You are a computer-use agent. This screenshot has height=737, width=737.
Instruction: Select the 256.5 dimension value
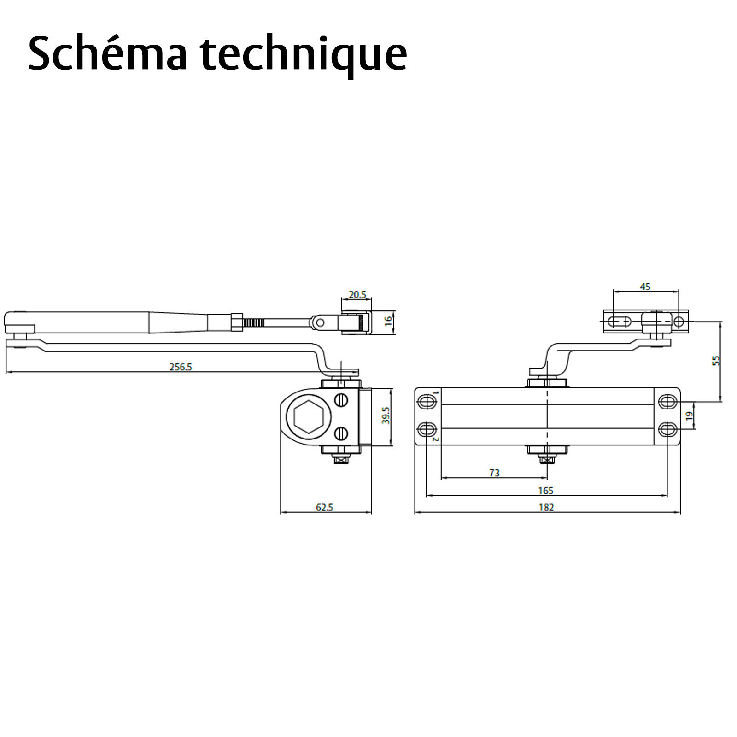tap(181, 367)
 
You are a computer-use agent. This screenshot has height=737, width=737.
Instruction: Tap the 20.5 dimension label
tap(357, 294)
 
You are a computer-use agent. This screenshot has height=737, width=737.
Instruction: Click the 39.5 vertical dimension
tap(386, 415)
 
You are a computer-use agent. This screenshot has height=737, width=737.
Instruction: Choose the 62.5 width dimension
tap(325, 507)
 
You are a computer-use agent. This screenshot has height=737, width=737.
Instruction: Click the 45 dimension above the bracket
tap(645, 287)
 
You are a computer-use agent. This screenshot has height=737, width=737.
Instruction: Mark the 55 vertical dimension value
tap(715, 361)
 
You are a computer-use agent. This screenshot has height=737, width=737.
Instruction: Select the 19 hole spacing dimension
tap(689, 415)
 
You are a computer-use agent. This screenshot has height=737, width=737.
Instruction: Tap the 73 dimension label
tap(494, 473)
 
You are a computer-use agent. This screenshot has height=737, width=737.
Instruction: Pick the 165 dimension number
tap(546, 490)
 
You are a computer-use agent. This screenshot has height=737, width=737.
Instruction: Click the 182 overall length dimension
tap(546, 507)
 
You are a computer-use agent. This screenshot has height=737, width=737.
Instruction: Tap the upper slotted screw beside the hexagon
tap(341, 400)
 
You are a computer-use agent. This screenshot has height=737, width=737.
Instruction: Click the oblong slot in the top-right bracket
tap(620, 322)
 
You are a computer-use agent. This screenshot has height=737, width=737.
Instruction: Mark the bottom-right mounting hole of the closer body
tap(667, 430)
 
